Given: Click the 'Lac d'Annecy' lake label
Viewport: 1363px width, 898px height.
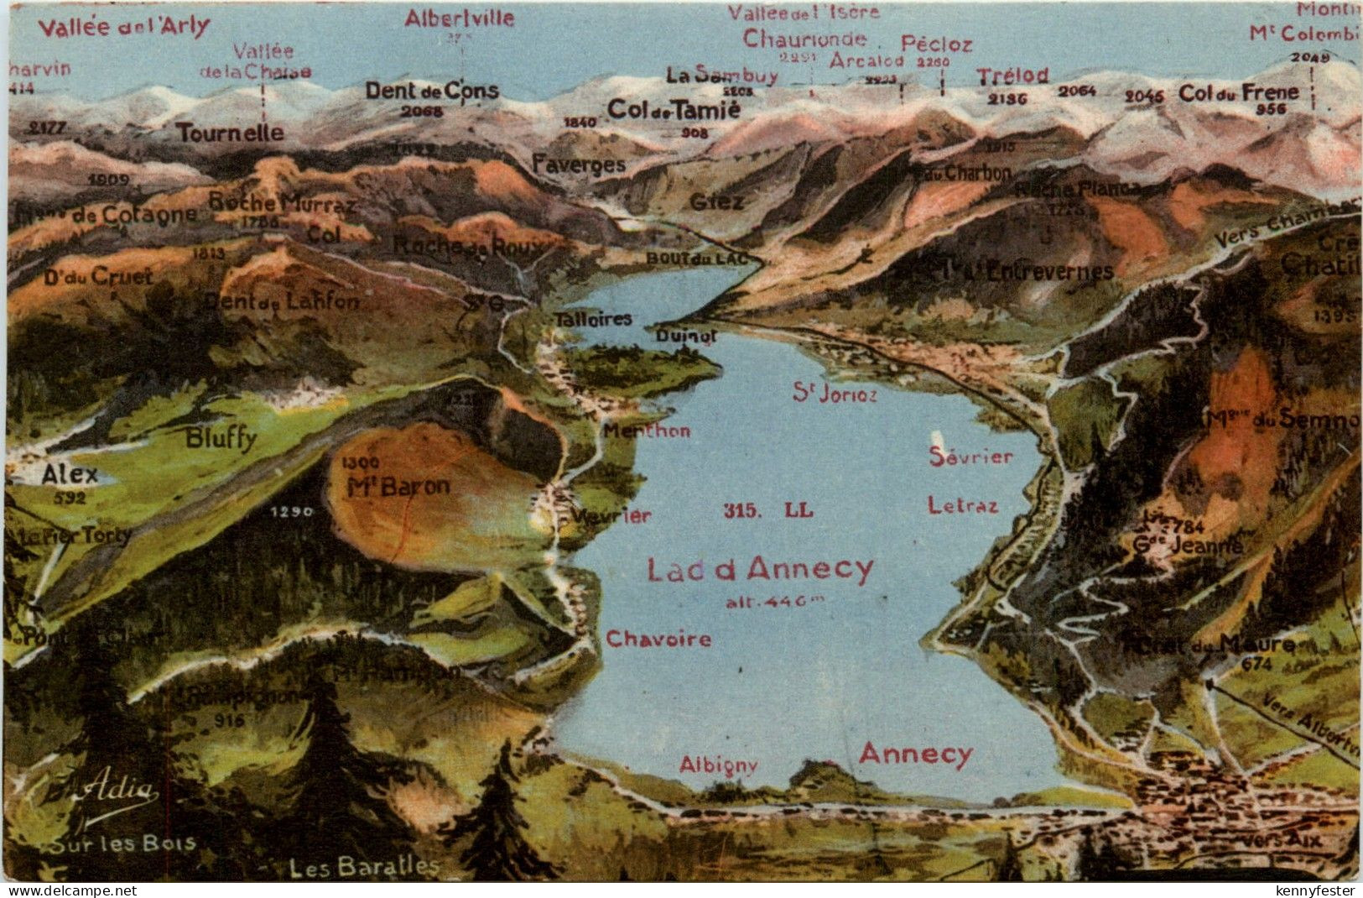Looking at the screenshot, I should coord(760,571).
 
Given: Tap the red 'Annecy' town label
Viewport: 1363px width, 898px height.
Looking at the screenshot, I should coord(915,754).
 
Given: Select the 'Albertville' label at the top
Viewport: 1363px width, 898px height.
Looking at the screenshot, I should coord(459,18).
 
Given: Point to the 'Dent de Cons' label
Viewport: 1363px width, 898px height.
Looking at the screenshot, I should coord(432,91).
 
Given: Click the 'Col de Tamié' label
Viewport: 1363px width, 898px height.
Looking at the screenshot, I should coord(674,109).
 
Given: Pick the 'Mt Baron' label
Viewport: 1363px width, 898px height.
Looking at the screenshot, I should coord(398,486).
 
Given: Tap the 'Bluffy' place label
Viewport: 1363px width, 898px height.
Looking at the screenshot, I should coord(221,438).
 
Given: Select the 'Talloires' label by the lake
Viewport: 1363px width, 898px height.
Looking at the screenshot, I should coord(593,320).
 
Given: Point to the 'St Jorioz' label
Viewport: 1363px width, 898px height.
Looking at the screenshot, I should coord(835,394).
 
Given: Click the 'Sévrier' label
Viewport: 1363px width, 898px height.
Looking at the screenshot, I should coord(970,457).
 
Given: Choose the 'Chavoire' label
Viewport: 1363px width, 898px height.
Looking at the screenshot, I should coord(658,640).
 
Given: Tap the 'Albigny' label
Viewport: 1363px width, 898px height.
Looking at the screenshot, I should coord(719,765).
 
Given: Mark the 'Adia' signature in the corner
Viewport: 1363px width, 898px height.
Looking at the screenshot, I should coord(118,792).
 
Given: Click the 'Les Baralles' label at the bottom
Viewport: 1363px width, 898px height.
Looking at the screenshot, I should coord(364,867).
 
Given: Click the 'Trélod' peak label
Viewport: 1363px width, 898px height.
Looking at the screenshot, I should coord(1012,76).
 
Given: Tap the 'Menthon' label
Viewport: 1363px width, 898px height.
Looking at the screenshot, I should coord(647,431).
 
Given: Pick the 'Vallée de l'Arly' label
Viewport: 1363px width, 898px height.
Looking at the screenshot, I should coord(124,27).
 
